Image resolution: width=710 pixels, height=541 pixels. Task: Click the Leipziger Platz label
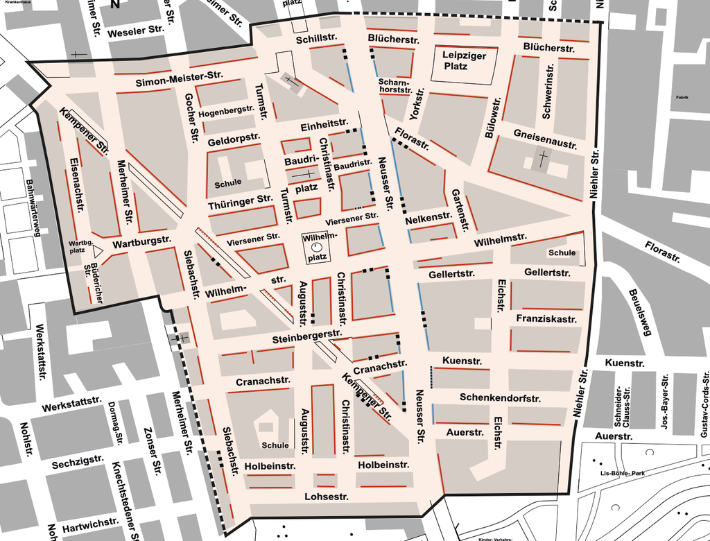(x=464, y=60)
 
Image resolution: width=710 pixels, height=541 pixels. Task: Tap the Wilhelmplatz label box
(x=317, y=246)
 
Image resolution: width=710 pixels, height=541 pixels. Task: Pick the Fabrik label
(x=682, y=98)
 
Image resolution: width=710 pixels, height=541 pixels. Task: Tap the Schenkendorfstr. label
(x=500, y=397)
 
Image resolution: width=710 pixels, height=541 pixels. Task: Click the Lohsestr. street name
(x=326, y=497)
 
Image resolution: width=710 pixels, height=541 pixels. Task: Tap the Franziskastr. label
(x=547, y=318)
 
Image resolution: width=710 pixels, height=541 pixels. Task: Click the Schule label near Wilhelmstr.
(x=562, y=252)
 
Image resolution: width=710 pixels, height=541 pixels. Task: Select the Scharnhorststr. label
(x=395, y=86)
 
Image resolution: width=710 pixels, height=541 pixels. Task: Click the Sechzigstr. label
(x=77, y=464)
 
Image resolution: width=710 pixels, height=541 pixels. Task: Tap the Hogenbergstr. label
(x=226, y=112)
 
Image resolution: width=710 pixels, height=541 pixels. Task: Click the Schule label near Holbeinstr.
(x=275, y=445)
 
